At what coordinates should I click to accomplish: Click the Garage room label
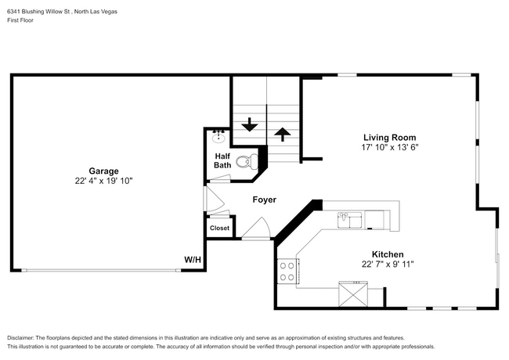103,171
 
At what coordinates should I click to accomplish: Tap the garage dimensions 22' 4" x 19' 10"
103,181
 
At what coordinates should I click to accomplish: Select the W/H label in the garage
192,260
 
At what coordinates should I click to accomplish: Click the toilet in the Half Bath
247,163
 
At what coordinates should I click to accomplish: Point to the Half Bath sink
218,138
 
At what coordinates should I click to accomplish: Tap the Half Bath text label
222,160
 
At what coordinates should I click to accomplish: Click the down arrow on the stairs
250,124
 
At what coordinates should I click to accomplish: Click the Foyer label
264,200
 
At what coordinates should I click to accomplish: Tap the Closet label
219,229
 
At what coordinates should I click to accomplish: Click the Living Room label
388,137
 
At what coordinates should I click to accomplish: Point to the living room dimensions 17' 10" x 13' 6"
388,147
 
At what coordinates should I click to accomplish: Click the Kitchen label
387,254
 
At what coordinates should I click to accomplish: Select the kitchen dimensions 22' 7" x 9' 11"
387,265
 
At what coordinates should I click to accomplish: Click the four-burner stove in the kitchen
287,271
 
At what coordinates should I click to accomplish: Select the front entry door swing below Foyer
256,229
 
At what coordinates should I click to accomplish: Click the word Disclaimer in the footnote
24,337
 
